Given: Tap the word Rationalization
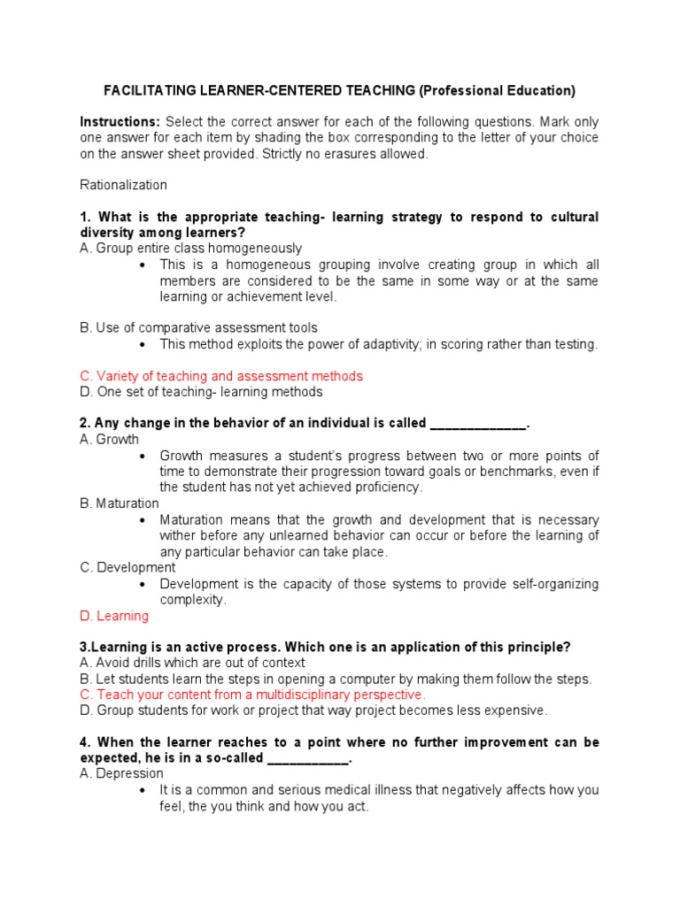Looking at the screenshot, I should pyautogui.click(x=123, y=185).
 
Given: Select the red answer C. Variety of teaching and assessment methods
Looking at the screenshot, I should pyautogui.click(x=221, y=376).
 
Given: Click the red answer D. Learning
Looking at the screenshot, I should pyautogui.click(x=114, y=616).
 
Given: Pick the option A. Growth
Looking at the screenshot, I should pyautogui.click(x=109, y=439).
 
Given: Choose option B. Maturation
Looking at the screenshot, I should pyautogui.click(x=120, y=503).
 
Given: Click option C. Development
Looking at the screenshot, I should pyautogui.click(x=127, y=567).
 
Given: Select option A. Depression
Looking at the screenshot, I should pyautogui.click(x=121, y=773).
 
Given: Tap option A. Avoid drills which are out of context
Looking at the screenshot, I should pyautogui.click(x=192, y=663).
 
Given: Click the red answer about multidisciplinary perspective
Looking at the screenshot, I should pyautogui.click(x=252, y=695).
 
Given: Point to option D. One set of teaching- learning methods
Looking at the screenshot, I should pyautogui.click(x=201, y=392).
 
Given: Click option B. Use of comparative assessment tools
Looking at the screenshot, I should pyautogui.click(x=198, y=327).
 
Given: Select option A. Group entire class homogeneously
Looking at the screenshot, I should pyautogui.click(x=190, y=248).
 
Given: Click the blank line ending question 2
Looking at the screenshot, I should pyautogui.click(x=478, y=423).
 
